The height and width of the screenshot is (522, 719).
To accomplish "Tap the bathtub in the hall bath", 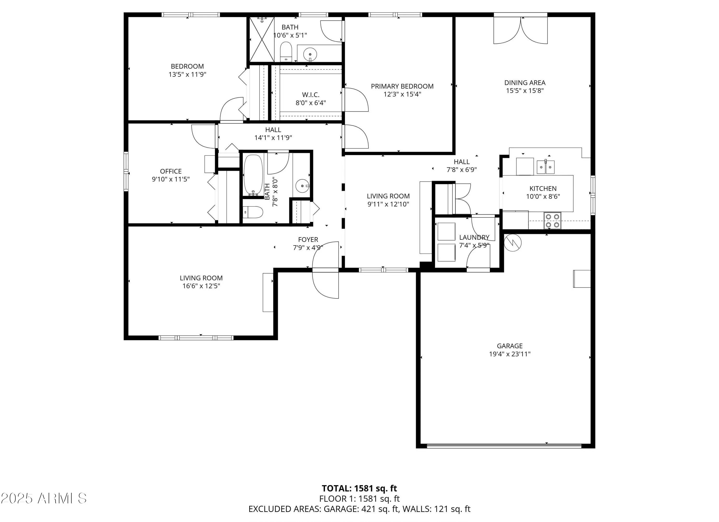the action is [253, 175].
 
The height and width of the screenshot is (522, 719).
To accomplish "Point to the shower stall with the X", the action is [262, 39].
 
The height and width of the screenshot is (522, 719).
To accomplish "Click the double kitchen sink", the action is [545, 167].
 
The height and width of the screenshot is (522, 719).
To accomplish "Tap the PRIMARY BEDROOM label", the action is [402, 86].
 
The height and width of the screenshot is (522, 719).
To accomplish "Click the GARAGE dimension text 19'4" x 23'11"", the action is [510, 354].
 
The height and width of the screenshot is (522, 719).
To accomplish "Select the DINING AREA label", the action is [525, 83].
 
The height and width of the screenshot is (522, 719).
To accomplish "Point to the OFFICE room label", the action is [171, 171].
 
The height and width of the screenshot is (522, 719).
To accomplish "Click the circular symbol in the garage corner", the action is [513, 243].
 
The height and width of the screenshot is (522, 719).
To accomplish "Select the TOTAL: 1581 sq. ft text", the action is [359, 488].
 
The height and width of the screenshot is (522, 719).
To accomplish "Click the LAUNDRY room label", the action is [474, 237].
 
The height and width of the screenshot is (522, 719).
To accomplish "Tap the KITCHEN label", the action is [543, 189].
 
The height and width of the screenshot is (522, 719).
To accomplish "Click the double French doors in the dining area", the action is [521, 30].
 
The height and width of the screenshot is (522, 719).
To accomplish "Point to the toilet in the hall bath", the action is [253, 212].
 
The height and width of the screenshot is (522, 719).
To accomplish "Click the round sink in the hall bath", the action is [302, 186].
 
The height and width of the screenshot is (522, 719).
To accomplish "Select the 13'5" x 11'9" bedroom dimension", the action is [188, 75].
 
